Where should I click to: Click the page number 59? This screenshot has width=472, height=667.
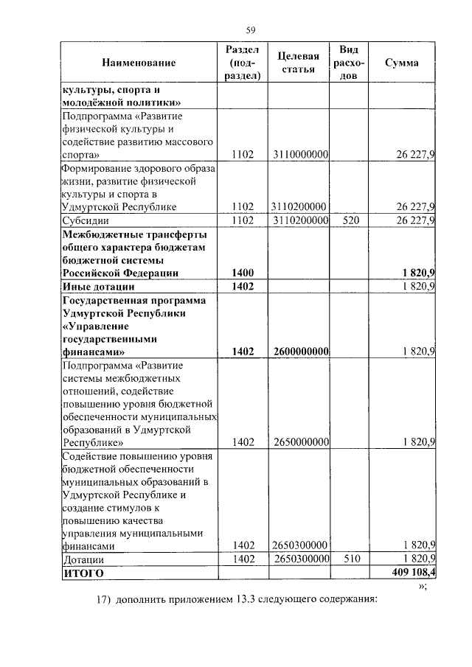[251, 30]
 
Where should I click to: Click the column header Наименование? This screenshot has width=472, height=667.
[139, 63]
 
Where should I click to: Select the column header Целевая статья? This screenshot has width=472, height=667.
[299, 63]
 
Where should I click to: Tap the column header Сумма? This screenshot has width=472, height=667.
[402, 63]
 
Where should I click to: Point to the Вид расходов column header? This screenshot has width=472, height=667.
[349, 63]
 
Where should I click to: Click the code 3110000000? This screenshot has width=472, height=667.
[299, 155]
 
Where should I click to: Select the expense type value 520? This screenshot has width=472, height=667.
[349, 220]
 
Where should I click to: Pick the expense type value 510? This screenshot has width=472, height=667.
[349, 559]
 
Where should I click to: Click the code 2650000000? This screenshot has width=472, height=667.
[299, 442]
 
